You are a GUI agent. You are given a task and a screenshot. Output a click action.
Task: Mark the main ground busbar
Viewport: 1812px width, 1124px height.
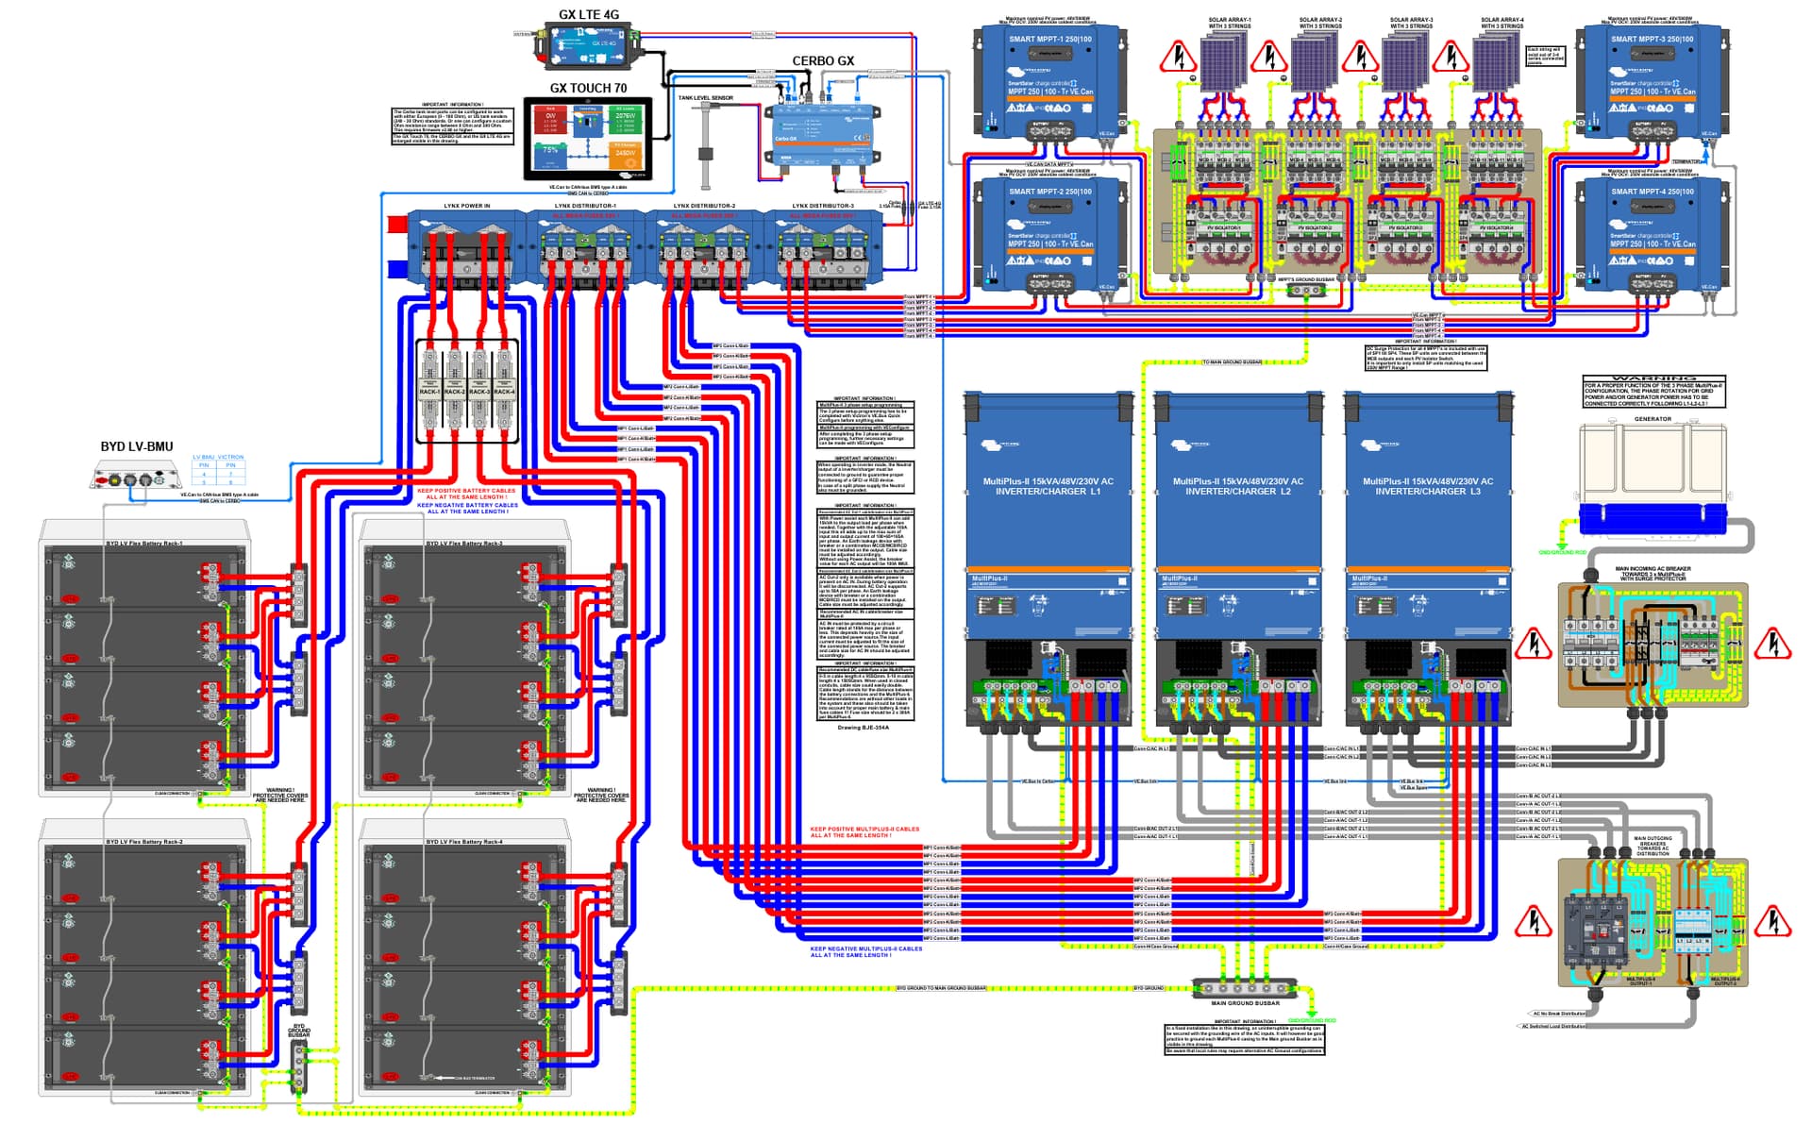(1245, 988)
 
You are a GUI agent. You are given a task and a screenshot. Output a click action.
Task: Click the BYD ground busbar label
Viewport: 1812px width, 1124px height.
(299, 1031)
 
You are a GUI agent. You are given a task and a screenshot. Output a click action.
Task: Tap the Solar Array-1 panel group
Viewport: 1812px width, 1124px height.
(1228, 61)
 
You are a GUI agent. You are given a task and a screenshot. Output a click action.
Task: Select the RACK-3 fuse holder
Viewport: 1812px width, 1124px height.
(478, 390)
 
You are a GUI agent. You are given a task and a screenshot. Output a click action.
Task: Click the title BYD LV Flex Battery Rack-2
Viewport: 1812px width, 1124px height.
(144, 842)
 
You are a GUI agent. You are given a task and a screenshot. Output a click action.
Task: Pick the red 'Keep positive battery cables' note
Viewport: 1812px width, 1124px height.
(466, 494)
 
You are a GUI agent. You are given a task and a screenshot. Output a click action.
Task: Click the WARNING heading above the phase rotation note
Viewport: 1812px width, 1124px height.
(1653, 377)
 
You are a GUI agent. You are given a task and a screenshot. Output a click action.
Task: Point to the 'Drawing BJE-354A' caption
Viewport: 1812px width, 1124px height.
(863, 728)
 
